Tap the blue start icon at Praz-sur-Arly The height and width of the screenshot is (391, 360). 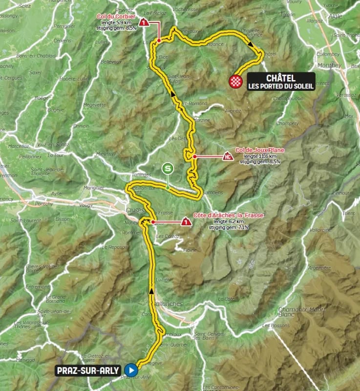(130, 370)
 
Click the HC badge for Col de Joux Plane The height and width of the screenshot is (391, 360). (227, 157)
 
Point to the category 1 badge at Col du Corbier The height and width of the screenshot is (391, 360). (144, 22)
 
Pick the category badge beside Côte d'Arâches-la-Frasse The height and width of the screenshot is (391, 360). (186, 222)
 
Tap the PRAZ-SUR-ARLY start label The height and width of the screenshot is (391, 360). (88, 370)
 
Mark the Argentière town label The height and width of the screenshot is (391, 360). (319, 267)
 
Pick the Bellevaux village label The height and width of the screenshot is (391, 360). (111, 62)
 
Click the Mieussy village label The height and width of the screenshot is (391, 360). (105, 153)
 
